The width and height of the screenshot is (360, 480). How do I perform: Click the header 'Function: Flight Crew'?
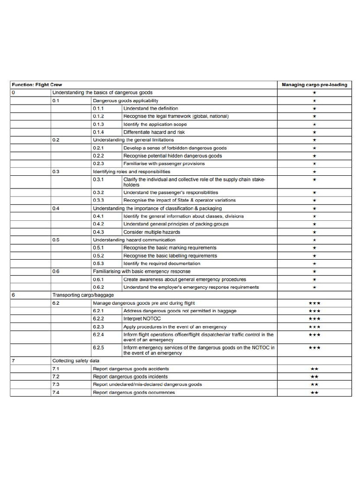[x=37, y=85]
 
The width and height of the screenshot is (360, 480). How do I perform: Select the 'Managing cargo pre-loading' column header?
[x=314, y=85]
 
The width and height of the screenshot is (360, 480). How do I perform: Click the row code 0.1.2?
[x=98, y=116]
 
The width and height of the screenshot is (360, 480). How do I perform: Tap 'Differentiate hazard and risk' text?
[x=155, y=132]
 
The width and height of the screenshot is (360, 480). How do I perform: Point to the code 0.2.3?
[x=98, y=164]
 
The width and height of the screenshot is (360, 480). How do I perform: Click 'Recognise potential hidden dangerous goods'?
[x=172, y=156]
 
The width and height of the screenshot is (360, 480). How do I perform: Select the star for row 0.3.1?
[x=314, y=180]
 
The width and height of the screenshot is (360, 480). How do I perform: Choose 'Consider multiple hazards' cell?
[x=150, y=232]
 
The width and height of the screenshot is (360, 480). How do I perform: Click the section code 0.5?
[x=56, y=240]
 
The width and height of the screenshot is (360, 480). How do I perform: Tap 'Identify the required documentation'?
[x=162, y=263]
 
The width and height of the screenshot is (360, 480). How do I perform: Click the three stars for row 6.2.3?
[x=314, y=327]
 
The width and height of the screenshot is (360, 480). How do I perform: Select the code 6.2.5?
[x=98, y=348]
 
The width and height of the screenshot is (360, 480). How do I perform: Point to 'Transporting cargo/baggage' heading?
[x=83, y=295]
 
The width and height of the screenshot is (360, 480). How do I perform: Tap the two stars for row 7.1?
[x=314, y=369]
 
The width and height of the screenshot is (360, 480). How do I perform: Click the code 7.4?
[x=56, y=392]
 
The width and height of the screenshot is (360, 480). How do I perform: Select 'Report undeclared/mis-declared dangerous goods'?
[x=147, y=384]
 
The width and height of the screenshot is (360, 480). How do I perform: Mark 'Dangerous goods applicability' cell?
[x=125, y=101]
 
